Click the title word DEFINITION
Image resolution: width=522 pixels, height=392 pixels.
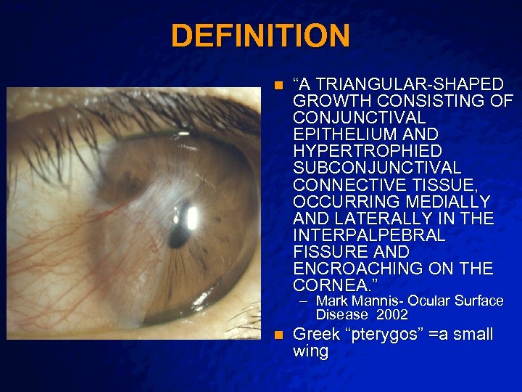tap(260, 36)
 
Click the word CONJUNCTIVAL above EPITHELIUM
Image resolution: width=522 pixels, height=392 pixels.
tap(360, 117)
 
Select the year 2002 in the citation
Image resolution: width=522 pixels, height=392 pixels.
tap(392, 315)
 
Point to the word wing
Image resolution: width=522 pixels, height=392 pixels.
tap(310, 352)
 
